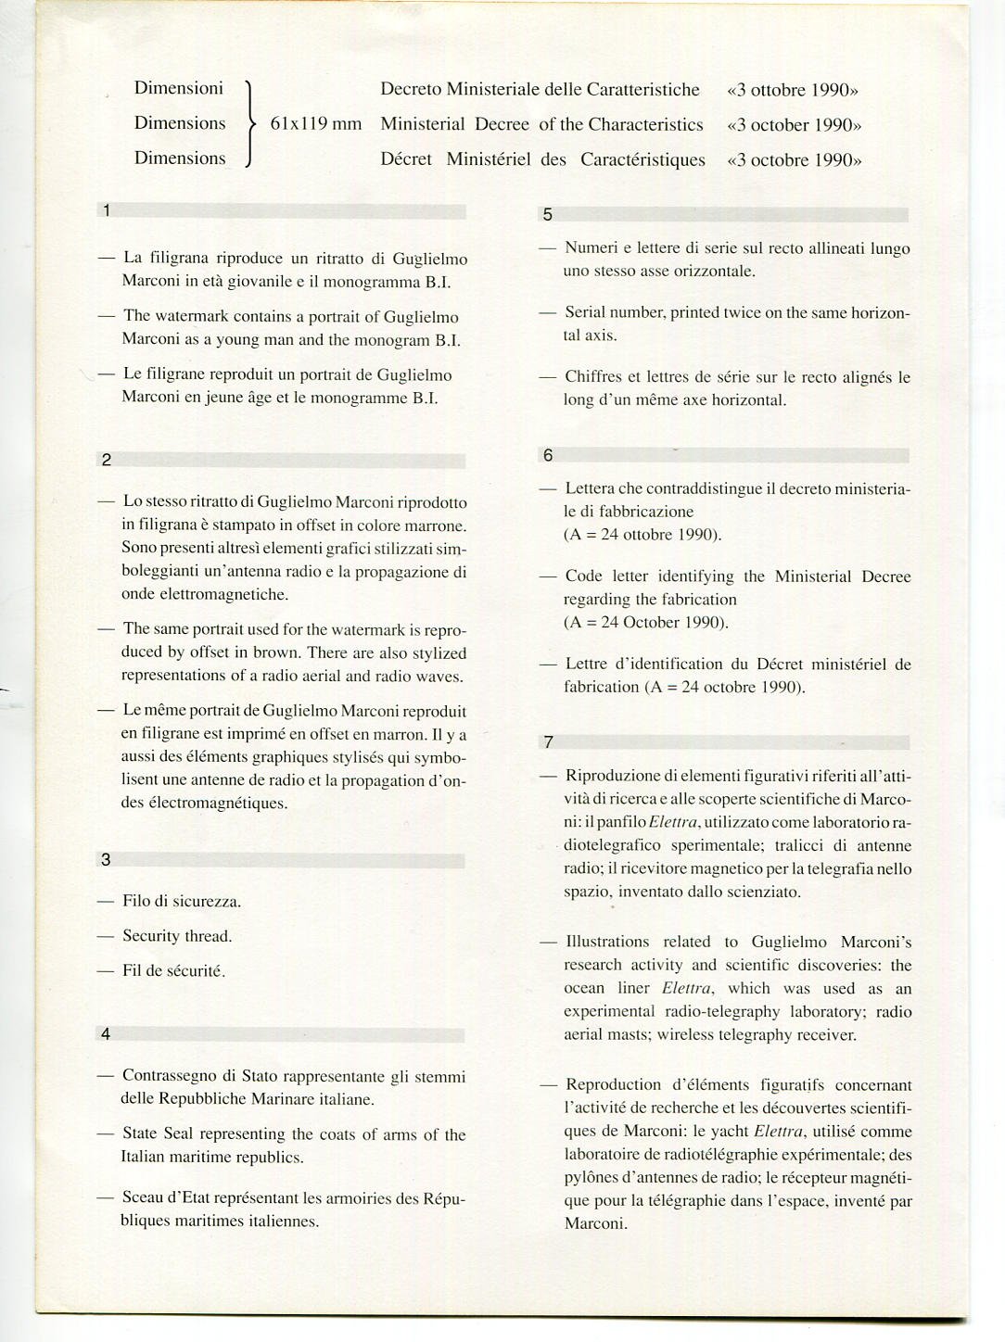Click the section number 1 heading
tap(107, 210)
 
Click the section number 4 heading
tap(106, 1033)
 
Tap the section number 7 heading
tap(549, 741)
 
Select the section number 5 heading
tap(547, 215)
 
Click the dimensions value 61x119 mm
tap(315, 124)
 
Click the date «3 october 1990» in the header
tap(795, 125)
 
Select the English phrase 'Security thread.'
tap(177, 936)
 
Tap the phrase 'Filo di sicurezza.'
tap(182, 901)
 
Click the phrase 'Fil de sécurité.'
tap(174, 971)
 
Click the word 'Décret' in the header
tap(406, 159)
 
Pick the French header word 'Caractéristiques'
tap(642, 159)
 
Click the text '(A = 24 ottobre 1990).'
tap(642, 535)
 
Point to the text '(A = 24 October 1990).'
tap(646, 622)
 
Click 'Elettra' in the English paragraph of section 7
tap(686, 989)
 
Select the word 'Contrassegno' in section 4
tap(167, 1077)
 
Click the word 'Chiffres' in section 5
tap(593, 377)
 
